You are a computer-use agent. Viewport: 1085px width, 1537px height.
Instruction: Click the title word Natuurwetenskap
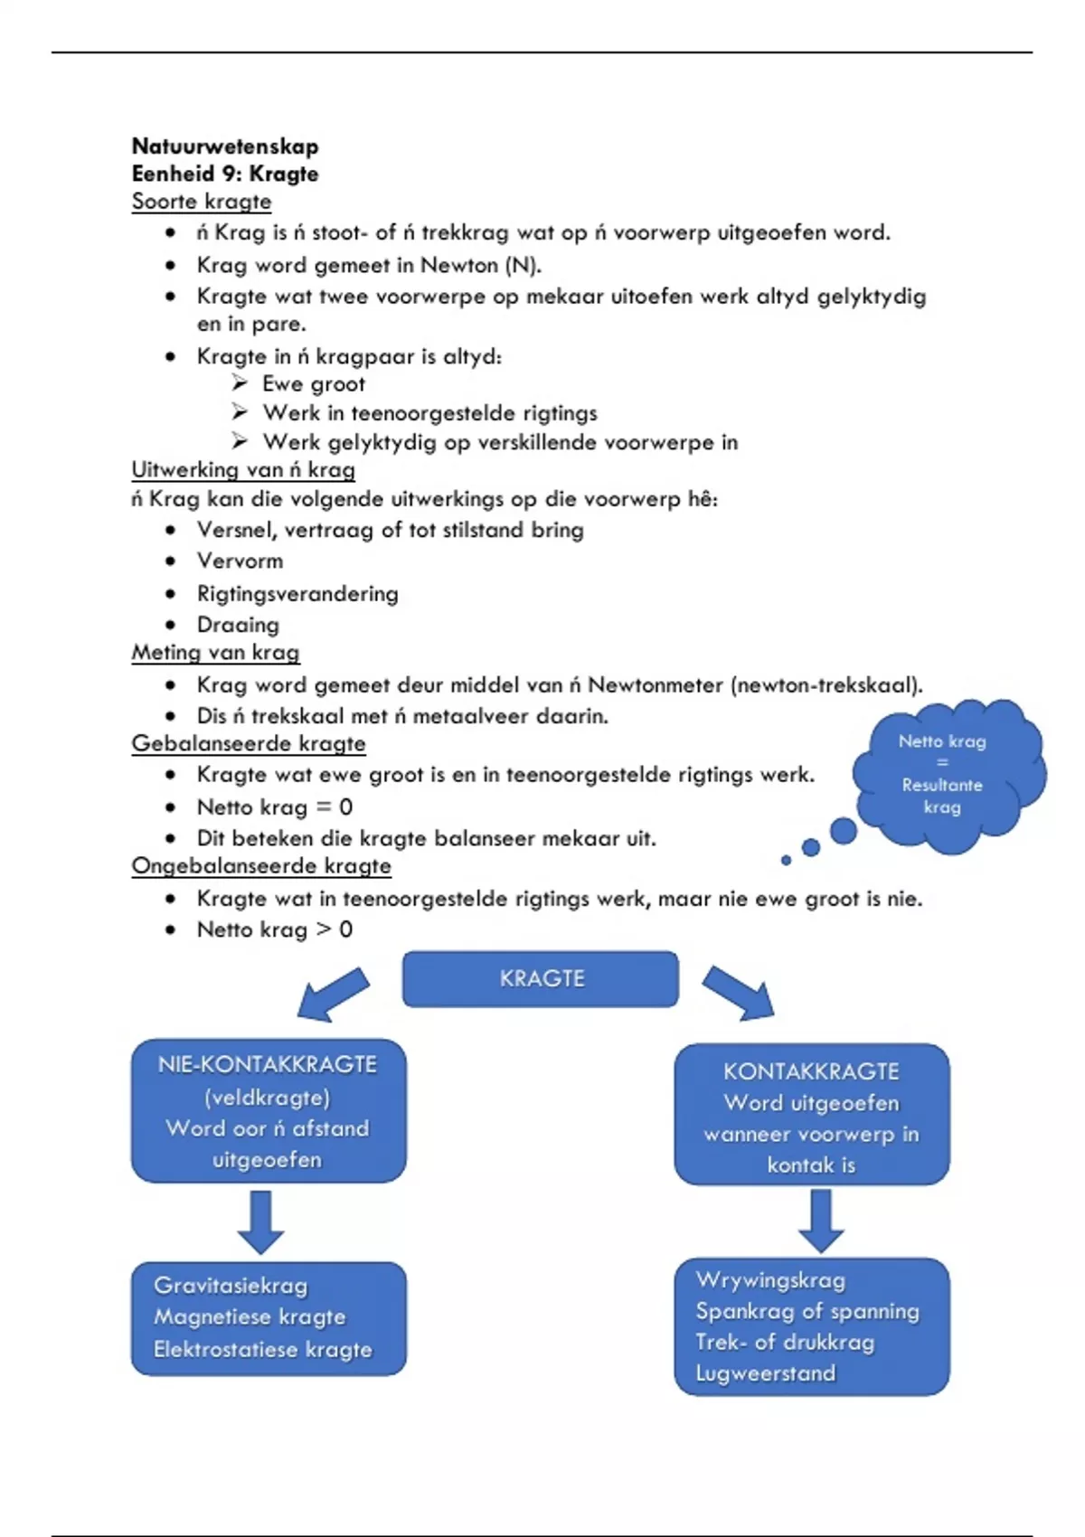225,146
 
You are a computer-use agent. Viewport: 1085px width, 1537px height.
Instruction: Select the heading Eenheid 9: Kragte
225,174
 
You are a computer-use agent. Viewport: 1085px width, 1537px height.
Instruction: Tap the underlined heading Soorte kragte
201,202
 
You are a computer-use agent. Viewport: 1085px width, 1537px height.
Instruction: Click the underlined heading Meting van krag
215,653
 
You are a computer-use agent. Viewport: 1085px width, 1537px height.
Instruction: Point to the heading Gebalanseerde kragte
249,744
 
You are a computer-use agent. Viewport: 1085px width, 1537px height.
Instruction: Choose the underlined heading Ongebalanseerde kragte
261,866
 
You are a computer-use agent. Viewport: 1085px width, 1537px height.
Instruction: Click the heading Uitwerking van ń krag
243,470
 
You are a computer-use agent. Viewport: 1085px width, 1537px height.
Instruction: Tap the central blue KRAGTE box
541,979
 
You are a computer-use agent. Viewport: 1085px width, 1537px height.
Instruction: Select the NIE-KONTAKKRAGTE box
269,1111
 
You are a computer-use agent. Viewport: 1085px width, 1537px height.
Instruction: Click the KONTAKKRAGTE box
812,1115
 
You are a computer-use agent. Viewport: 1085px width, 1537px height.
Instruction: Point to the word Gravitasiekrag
231,1286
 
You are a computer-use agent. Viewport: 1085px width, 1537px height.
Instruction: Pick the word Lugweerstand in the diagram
765,1373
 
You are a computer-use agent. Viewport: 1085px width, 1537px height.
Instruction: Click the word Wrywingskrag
770,1280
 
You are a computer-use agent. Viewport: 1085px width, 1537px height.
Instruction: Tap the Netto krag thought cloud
945,776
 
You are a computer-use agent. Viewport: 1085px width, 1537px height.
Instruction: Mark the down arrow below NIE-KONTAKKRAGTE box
261,1221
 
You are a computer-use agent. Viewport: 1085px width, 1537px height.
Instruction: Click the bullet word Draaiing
238,625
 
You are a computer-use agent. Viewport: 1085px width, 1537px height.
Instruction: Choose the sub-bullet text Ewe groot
314,384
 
